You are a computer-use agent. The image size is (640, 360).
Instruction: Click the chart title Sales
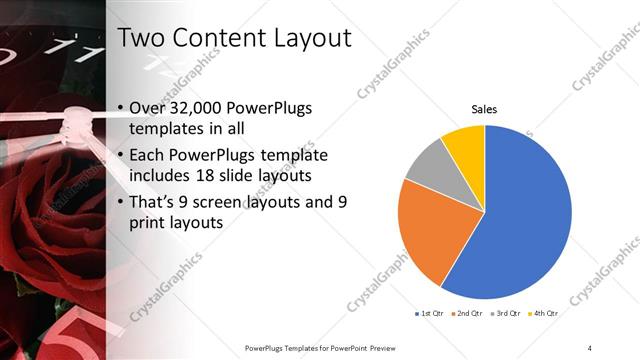(484, 109)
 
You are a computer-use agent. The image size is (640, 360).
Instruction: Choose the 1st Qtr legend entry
(431, 312)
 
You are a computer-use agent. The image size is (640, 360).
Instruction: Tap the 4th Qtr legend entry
(544, 312)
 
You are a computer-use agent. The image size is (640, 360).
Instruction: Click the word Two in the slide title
(141, 39)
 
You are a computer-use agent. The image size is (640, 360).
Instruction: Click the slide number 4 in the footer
(590, 347)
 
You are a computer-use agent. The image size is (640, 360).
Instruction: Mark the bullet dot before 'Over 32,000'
(121, 108)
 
